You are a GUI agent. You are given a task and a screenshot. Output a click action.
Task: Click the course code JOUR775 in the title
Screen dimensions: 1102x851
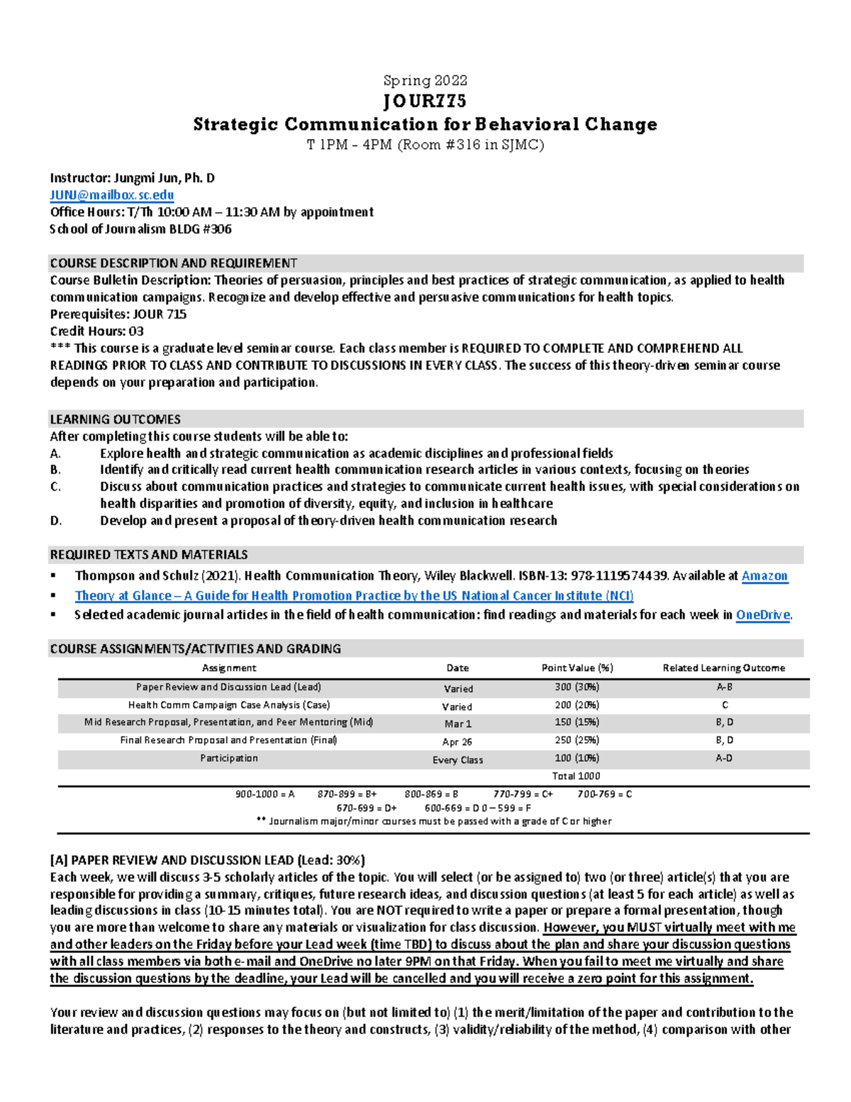[425, 101]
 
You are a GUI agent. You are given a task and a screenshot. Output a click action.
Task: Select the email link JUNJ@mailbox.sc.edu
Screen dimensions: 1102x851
[112, 195]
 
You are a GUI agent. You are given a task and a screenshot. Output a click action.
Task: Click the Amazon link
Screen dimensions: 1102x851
[764, 576]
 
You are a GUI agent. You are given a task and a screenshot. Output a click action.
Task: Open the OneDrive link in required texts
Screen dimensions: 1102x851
[762, 615]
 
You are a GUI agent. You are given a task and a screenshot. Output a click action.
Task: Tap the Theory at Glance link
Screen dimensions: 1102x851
[354, 596]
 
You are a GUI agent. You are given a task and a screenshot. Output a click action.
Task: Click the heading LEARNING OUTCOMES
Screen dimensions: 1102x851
[115, 419]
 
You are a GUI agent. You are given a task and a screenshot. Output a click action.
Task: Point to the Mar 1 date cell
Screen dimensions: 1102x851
[457, 724]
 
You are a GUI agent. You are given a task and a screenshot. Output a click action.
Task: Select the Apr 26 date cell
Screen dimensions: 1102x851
[457, 742]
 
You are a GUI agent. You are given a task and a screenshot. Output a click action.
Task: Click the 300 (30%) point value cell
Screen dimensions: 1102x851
[577, 687]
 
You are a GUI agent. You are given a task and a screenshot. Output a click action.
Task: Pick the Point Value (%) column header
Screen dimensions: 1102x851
[577, 668]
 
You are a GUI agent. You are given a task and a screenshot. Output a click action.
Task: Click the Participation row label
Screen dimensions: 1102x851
[228, 759]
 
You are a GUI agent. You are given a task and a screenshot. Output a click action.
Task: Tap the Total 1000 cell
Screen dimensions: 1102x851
[576, 776]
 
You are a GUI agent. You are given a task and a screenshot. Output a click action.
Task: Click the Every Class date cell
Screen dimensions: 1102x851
[457, 760]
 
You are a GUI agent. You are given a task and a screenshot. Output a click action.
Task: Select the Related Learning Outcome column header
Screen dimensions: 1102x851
[723, 668]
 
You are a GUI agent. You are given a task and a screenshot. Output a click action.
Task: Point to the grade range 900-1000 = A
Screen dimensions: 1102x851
[265, 794]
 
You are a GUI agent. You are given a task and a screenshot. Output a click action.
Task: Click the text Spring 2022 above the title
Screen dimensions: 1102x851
[425, 80]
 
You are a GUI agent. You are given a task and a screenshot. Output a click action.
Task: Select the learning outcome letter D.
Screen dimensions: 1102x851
[56, 521]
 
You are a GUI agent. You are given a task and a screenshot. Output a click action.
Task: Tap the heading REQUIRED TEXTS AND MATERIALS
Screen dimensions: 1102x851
[148, 555]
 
